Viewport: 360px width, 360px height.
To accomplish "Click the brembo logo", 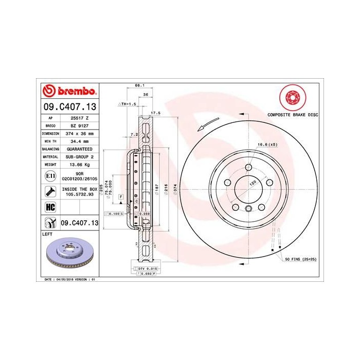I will (x=69, y=91).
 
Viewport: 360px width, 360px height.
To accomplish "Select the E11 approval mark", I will (x=50, y=176).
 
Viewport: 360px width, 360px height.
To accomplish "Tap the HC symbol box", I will (x=50, y=207).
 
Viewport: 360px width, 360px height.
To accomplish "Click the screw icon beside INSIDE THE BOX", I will (x=50, y=191).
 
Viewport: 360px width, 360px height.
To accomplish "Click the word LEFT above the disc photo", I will (x=47, y=233).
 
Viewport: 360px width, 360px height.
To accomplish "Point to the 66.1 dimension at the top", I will (x=138, y=85).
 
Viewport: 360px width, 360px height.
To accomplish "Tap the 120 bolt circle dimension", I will (x=253, y=183).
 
